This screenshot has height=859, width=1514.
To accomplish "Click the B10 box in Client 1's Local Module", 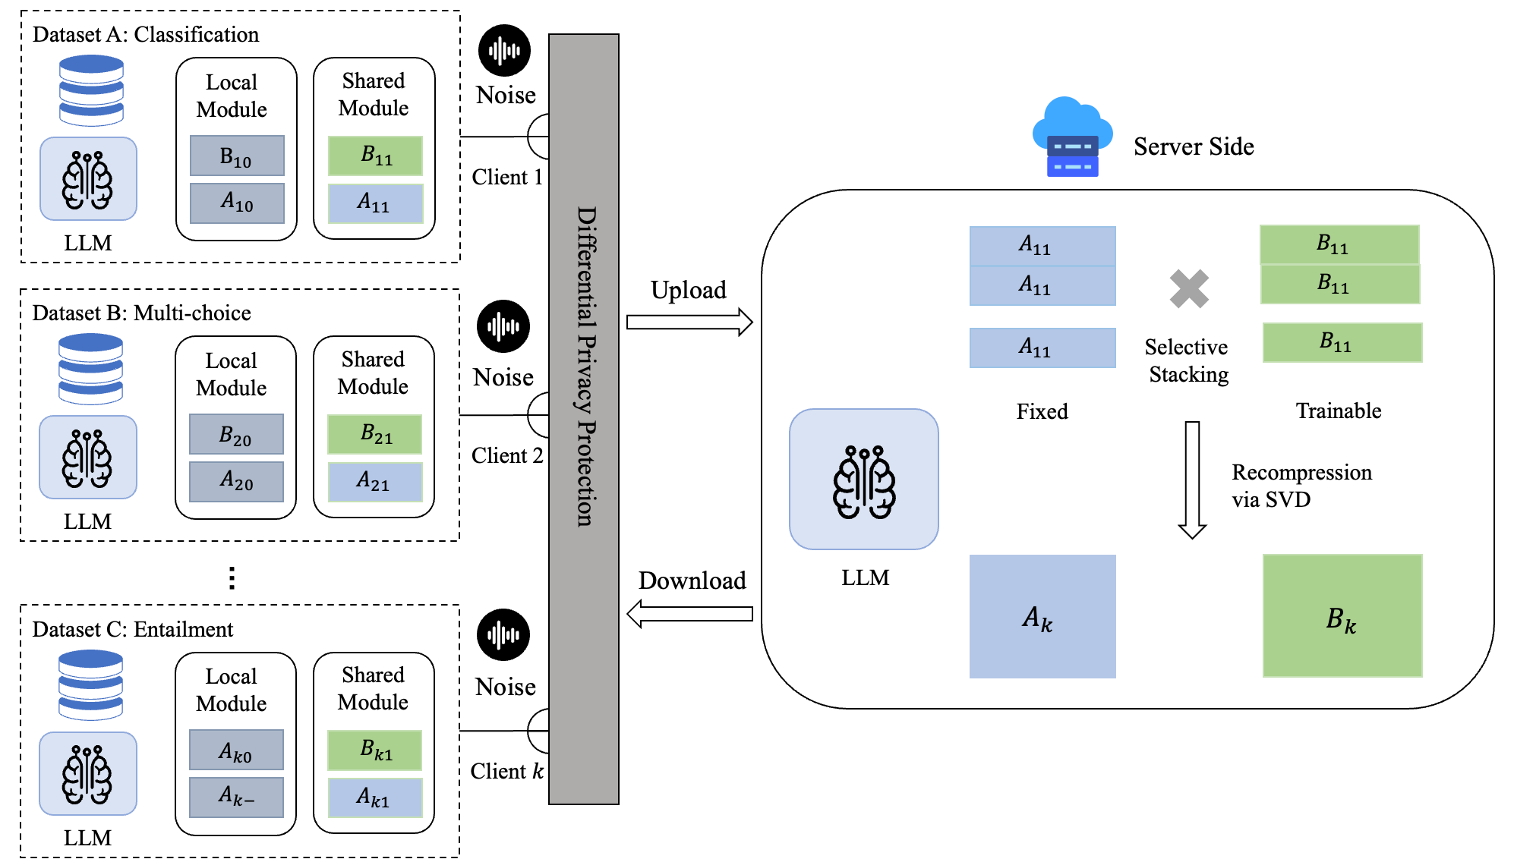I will click(237, 156).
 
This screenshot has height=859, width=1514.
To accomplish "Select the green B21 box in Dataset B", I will click(375, 434).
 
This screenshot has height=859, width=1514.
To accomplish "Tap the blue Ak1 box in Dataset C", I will click(375, 798).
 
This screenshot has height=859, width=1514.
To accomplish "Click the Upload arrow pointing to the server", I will click(689, 323).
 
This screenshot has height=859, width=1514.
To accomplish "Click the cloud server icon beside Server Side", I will click(1071, 137).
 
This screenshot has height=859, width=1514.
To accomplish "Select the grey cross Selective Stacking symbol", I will click(1189, 289).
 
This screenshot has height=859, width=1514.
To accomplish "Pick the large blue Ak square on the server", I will click(1042, 616).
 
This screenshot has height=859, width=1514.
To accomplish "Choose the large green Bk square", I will click(1342, 616).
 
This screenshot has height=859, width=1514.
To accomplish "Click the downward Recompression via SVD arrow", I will click(1192, 480).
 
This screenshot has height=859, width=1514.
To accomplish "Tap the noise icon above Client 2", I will click(503, 326).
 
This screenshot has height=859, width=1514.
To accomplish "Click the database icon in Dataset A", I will click(91, 91).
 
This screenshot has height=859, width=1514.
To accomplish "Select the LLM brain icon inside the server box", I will click(864, 480).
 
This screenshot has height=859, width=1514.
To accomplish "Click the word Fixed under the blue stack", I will click(1042, 411).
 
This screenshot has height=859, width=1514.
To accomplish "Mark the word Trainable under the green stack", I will click(1338, 411).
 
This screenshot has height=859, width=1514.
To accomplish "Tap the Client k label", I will click(506, 771).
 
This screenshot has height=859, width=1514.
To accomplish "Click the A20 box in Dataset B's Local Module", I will click(236, 481).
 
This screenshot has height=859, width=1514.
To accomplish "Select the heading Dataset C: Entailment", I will click(132, 629).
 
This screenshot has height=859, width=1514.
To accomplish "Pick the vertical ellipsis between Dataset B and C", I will click(232, 578).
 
